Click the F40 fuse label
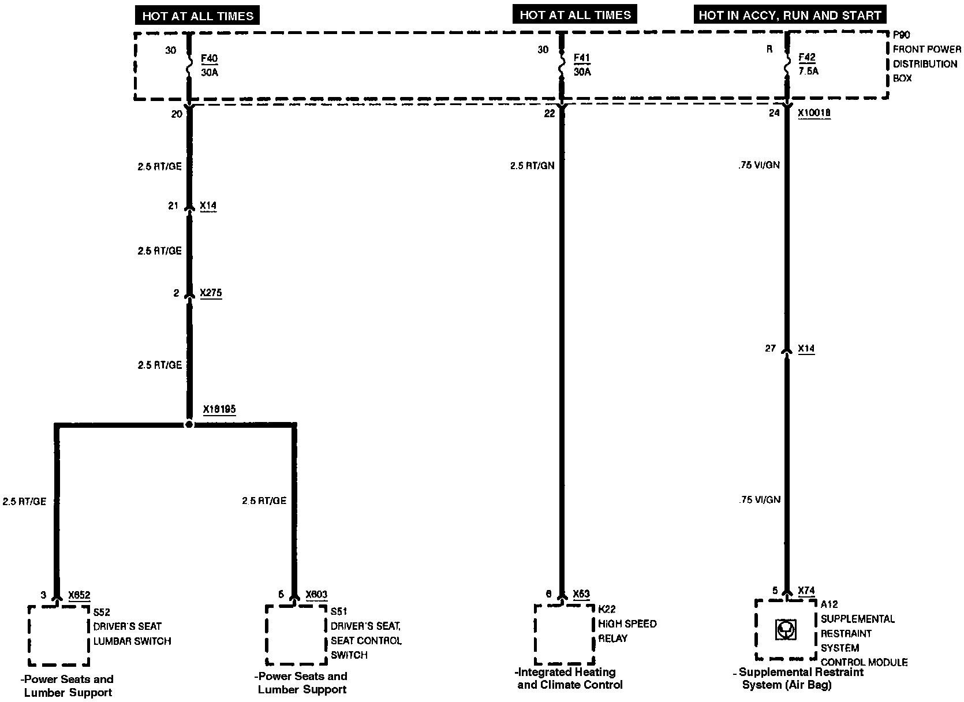[209, 59]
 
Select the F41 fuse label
[582, 58]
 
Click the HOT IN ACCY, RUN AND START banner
[790, 15]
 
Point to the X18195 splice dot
[189, 424]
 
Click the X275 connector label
[211, 293]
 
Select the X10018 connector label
[814, 113]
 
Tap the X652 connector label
[79, 596]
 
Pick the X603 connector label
[316, 595]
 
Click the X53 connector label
[581, 594]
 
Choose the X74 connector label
[806, 591]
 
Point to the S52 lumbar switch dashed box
[58, 635]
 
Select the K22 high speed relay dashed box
[564, 634]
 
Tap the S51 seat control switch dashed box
[296, 635]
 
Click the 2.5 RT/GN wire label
[532, 166]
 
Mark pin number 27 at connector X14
[770, 349]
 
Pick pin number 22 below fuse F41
[549, 114]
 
